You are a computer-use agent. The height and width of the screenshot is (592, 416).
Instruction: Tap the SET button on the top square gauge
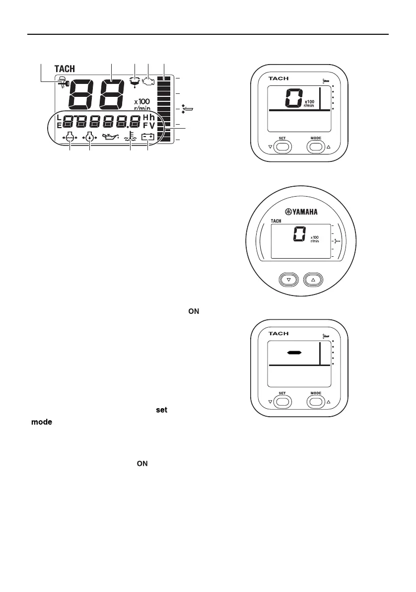[x=282, y=147]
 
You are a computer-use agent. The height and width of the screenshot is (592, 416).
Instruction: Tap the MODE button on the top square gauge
[x=316, y=147]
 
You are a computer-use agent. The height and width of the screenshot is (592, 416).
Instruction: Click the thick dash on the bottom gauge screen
[x=294, y=353]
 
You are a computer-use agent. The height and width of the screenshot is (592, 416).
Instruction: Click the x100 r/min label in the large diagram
[x=141, y=104]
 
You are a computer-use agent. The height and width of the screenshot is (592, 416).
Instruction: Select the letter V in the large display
[x=152, y=125]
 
